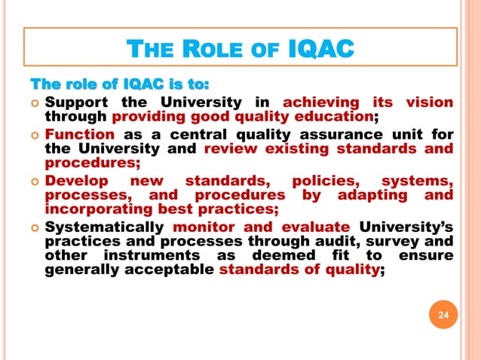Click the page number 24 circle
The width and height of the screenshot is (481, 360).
tap(443, 315)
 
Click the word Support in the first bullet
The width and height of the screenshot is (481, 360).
tap(78, 102)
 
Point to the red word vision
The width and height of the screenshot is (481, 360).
tap(429, 102)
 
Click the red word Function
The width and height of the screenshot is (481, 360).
tap(79, 135)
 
